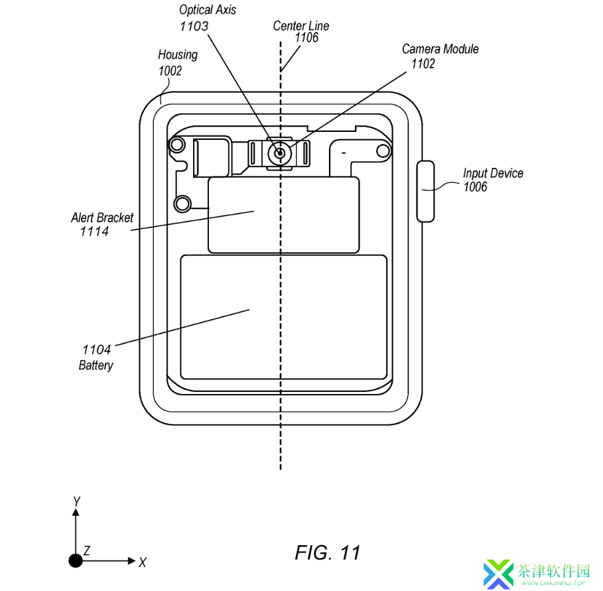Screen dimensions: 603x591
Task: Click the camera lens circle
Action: point(280,153)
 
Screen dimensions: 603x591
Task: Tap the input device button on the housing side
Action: point(426,191)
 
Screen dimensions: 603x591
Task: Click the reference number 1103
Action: point(194,26)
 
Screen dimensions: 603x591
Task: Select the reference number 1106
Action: point(306,38)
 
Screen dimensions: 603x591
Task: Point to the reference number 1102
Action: point(423,64)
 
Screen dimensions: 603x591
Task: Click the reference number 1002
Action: point(170,71)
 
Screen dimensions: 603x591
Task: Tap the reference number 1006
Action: point(476,187)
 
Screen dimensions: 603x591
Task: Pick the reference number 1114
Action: point(94,231)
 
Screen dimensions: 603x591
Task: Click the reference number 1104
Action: point(97,350)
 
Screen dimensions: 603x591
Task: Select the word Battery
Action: point(96,365)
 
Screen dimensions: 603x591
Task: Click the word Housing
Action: point(178,55)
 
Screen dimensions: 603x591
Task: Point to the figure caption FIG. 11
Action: point(328,553)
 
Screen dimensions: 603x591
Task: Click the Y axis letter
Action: point(76,501)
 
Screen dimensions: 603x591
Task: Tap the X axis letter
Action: point(142,562)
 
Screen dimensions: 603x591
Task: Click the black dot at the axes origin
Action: point(76,560)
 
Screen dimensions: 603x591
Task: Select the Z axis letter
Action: point(87,551)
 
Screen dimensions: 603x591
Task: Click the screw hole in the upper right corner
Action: point(383,151)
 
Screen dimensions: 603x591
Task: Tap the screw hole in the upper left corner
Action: point(177,145)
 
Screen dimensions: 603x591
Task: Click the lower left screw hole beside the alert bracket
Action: point(182,204)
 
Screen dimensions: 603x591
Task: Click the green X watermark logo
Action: point(498,574)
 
